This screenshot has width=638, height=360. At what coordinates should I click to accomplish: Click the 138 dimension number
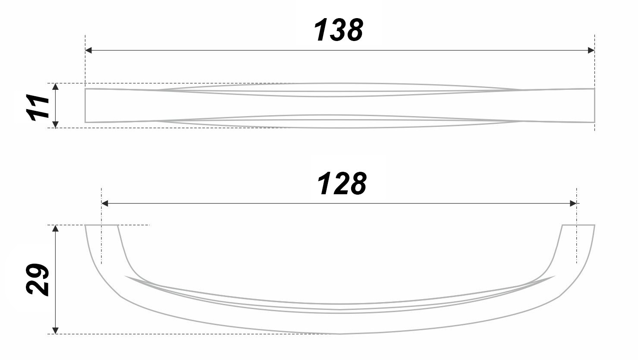click(339, 31)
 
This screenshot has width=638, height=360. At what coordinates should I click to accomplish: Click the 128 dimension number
click(342, 184)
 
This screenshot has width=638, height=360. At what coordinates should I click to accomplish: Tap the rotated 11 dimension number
click(38, 107)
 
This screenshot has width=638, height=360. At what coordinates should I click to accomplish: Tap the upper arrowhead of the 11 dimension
click(55, 87)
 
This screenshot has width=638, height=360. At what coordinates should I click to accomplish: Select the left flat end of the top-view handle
click(85, 106)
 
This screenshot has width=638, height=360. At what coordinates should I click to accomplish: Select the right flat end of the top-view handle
click(594, 106)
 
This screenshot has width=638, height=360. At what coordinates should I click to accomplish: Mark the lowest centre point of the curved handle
click(340, 334)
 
